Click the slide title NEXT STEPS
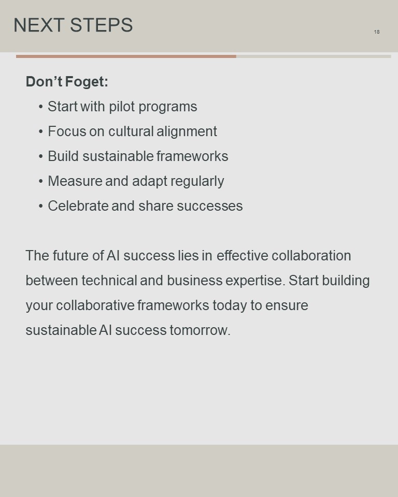[73, 25]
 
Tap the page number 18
[377, 32]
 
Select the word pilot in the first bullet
[122, 107]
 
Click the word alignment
[187, 131]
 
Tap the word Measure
[75, 181]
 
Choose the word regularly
[197, 181]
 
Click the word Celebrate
[78, 206]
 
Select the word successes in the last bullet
[210, 206]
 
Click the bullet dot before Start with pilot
[40, 107]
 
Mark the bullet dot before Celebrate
[40, 206]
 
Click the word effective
[243, 255]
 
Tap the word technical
[109, 281]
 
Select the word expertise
[254, 281]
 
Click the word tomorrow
[200, 330]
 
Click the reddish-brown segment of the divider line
[126, 56]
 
